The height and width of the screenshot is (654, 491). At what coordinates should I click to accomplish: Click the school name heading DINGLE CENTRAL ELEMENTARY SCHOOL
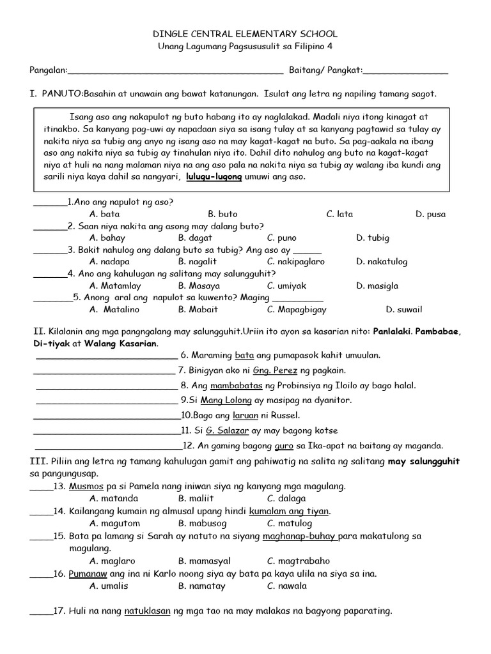pos(246,33)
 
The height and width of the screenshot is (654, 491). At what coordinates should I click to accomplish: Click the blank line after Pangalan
pos(175,70)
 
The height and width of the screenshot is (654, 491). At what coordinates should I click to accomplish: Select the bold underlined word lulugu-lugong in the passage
pos(214,176)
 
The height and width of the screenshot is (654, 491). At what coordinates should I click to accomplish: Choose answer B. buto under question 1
pos(222,214)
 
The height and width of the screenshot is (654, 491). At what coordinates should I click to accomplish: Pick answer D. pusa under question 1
pos(430,214)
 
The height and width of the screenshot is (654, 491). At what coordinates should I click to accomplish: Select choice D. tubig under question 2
pos(373,238)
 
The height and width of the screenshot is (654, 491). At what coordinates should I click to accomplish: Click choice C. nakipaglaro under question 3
pos(296,261)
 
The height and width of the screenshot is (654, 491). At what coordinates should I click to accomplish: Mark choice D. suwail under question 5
pos(404,309)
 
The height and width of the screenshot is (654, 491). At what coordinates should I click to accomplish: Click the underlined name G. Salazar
pos(227,431)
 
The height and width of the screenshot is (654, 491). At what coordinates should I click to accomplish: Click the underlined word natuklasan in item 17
pos(148,611)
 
